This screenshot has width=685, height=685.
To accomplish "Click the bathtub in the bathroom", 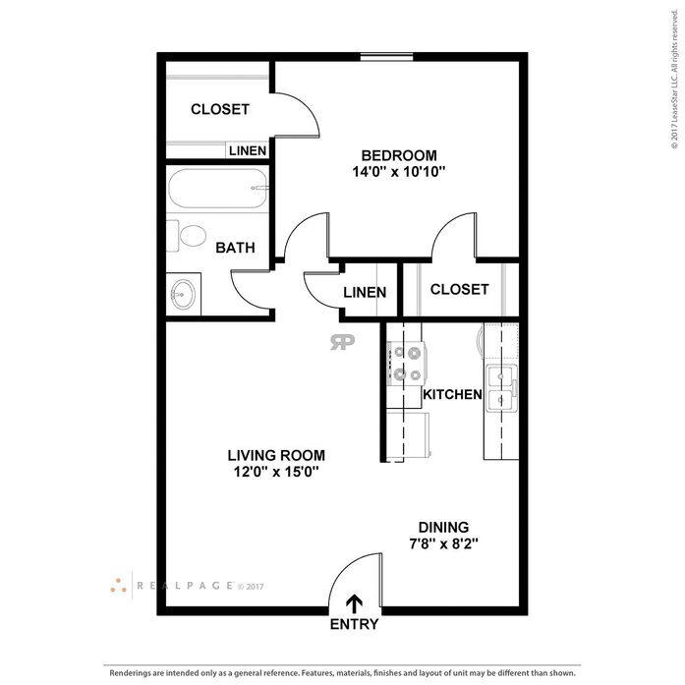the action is [x=217, y=189].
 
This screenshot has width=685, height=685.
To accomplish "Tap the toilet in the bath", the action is [x=186, y=236].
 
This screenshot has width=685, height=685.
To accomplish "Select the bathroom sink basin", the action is [x=183, y=294].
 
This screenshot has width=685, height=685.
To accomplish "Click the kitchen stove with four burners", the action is [x=407, y=364].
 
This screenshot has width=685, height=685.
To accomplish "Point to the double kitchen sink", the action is [x=501, y=388].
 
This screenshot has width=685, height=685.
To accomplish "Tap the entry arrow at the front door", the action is [x=354, y=604].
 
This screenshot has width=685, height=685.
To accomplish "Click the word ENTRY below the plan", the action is [x=355, y=624].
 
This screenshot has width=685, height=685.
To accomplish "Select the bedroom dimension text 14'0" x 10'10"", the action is [x=399, y=172].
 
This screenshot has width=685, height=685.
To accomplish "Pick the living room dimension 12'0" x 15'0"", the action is [x=276, y=472].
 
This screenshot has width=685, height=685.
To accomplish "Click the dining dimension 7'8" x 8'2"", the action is [x=443, y=543].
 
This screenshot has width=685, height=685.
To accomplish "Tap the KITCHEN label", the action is [x=452, y=394].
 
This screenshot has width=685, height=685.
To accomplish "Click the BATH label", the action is [x=236, y=248].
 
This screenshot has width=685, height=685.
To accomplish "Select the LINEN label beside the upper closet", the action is [x=248, y=150].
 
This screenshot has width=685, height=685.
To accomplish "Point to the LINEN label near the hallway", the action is [x=365, y=292].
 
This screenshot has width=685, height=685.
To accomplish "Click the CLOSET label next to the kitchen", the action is [x=460, y=289].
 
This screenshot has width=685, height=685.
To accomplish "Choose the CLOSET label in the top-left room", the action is [x=220, y=109].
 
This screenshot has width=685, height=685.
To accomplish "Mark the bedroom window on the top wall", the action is [x=386, y=57].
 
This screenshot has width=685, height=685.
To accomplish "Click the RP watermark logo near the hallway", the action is [x=342, y=342].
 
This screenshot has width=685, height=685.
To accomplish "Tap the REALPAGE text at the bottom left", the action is [x=185, y=586].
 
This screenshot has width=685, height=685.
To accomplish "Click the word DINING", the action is [x=443, y=528].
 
